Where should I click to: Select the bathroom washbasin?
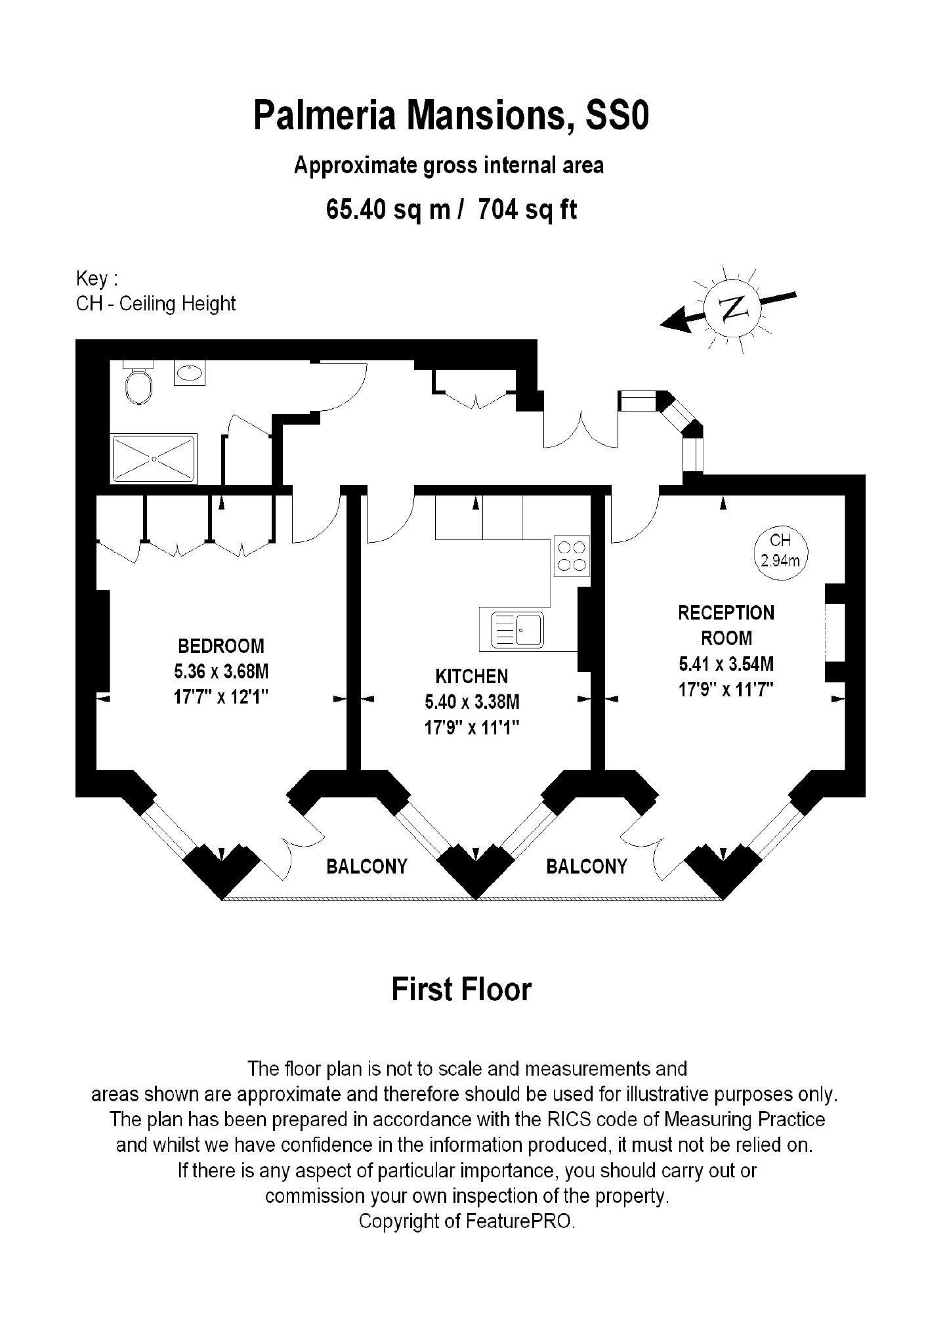click(190, 373)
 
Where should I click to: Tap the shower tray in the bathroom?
click(154, 459)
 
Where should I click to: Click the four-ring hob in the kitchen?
click(572, 556)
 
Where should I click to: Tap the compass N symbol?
click(732, 308)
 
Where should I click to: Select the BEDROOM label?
click(221, 646)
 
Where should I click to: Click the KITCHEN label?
click(472, 677)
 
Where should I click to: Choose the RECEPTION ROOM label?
click(726, 625)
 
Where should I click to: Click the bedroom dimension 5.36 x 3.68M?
click(221, 671)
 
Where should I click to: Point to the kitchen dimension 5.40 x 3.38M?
click(472, 702)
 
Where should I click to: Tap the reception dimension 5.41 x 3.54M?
click(726, 664)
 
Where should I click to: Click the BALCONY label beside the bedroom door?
click(367, 867)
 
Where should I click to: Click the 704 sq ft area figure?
click(528, 209)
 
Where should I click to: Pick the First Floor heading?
click(461, 990)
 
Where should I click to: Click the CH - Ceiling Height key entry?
click(156, 304)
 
